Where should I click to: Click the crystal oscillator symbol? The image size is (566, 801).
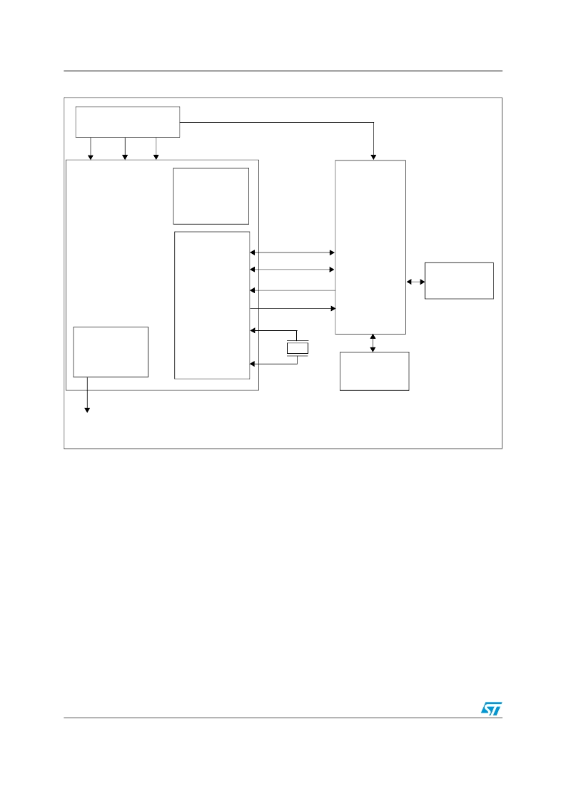pyautogui.click(x=297, y=347)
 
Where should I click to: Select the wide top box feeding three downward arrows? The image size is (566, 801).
pyautogui.click(x=128, y=121)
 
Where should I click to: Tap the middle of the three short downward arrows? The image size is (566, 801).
pyautogui.click(x=125, y=148)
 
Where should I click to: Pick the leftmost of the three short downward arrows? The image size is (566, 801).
pyautogui.click(x=90, y=148)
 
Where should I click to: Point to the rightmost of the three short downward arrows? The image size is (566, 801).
pyautogui.click(x=156, y=148)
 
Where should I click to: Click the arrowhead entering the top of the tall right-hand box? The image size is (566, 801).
pyautogui.click(x=373, y=155)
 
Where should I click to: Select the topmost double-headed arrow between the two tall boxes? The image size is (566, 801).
pyautogui.click(x=293, y=252)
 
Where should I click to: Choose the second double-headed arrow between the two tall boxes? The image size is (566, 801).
pyautogui.click(x=293, y=269)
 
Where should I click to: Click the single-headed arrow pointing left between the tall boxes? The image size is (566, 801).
pyautogui.click(x=293, y=290)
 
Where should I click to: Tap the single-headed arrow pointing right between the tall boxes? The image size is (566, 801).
pyautogui.click(x=293, y=308)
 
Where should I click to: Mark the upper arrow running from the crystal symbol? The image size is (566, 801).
pyautogui.click(x=273, y=330)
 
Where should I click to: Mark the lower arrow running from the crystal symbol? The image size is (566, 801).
pyautogui.click(x=273, y=364)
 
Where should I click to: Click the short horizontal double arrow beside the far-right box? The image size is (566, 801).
pyautogui.click(x=415, y=282)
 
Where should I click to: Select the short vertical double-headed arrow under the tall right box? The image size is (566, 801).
pyautogui.click(x=373, y=343)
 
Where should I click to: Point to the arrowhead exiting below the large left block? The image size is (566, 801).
pyautogui.click(x=88, y=408)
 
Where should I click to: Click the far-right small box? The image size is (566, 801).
pyautogui.click(x=459, y=280)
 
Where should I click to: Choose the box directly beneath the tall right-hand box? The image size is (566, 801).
pyautogui.click(x=374, y=371)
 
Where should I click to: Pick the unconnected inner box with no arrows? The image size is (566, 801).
pyautogui.click(x=211, y=196)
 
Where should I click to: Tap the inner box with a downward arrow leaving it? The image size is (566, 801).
pyautogui.click(x=111, y=352)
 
